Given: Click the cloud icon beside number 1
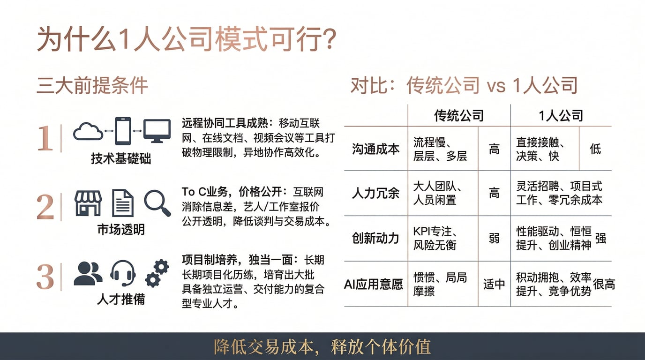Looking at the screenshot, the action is [88, 131].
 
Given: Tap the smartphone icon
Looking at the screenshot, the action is [123, 131].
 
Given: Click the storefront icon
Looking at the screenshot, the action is [88, 203].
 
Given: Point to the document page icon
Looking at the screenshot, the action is [123, 203].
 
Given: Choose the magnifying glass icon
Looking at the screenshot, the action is [157, 203].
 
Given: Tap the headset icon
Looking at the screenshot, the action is [123, 273].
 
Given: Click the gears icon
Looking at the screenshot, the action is [157, 273].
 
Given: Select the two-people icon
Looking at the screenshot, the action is [88, 274].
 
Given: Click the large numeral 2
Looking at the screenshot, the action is [45, 207].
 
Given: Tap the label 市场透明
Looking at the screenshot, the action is [121, 230].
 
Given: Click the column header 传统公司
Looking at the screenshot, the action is [459, 116].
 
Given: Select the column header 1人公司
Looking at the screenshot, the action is [561, 116].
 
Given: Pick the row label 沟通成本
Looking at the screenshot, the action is [376, 149].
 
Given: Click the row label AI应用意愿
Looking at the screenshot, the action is [374, 284].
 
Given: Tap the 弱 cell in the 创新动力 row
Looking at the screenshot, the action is [494, 239].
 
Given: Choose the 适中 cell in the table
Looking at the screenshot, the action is [494, 284].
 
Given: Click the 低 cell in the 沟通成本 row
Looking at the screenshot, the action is [595, 149].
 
